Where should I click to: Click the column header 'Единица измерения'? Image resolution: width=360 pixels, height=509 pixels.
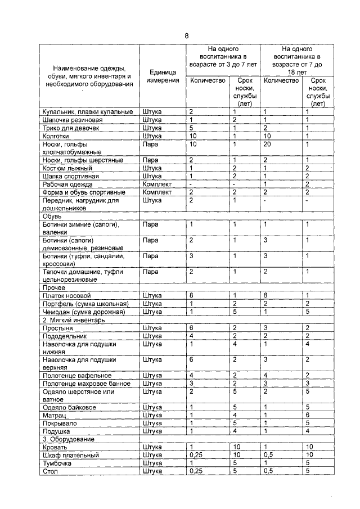pyautogui.click(x=163, y=76)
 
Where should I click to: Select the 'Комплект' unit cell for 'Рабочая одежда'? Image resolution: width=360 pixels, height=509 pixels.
pyautogui.click(x=157, y=184)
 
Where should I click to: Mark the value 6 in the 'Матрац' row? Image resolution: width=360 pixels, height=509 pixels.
pyautogui.click(x=308, y=415)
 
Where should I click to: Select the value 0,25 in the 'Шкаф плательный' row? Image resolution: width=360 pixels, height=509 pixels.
pyautogui.click(x=195, y=454)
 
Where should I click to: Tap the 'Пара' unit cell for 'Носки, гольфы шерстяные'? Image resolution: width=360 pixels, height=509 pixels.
pyautogui.click(x=150, y=160)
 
